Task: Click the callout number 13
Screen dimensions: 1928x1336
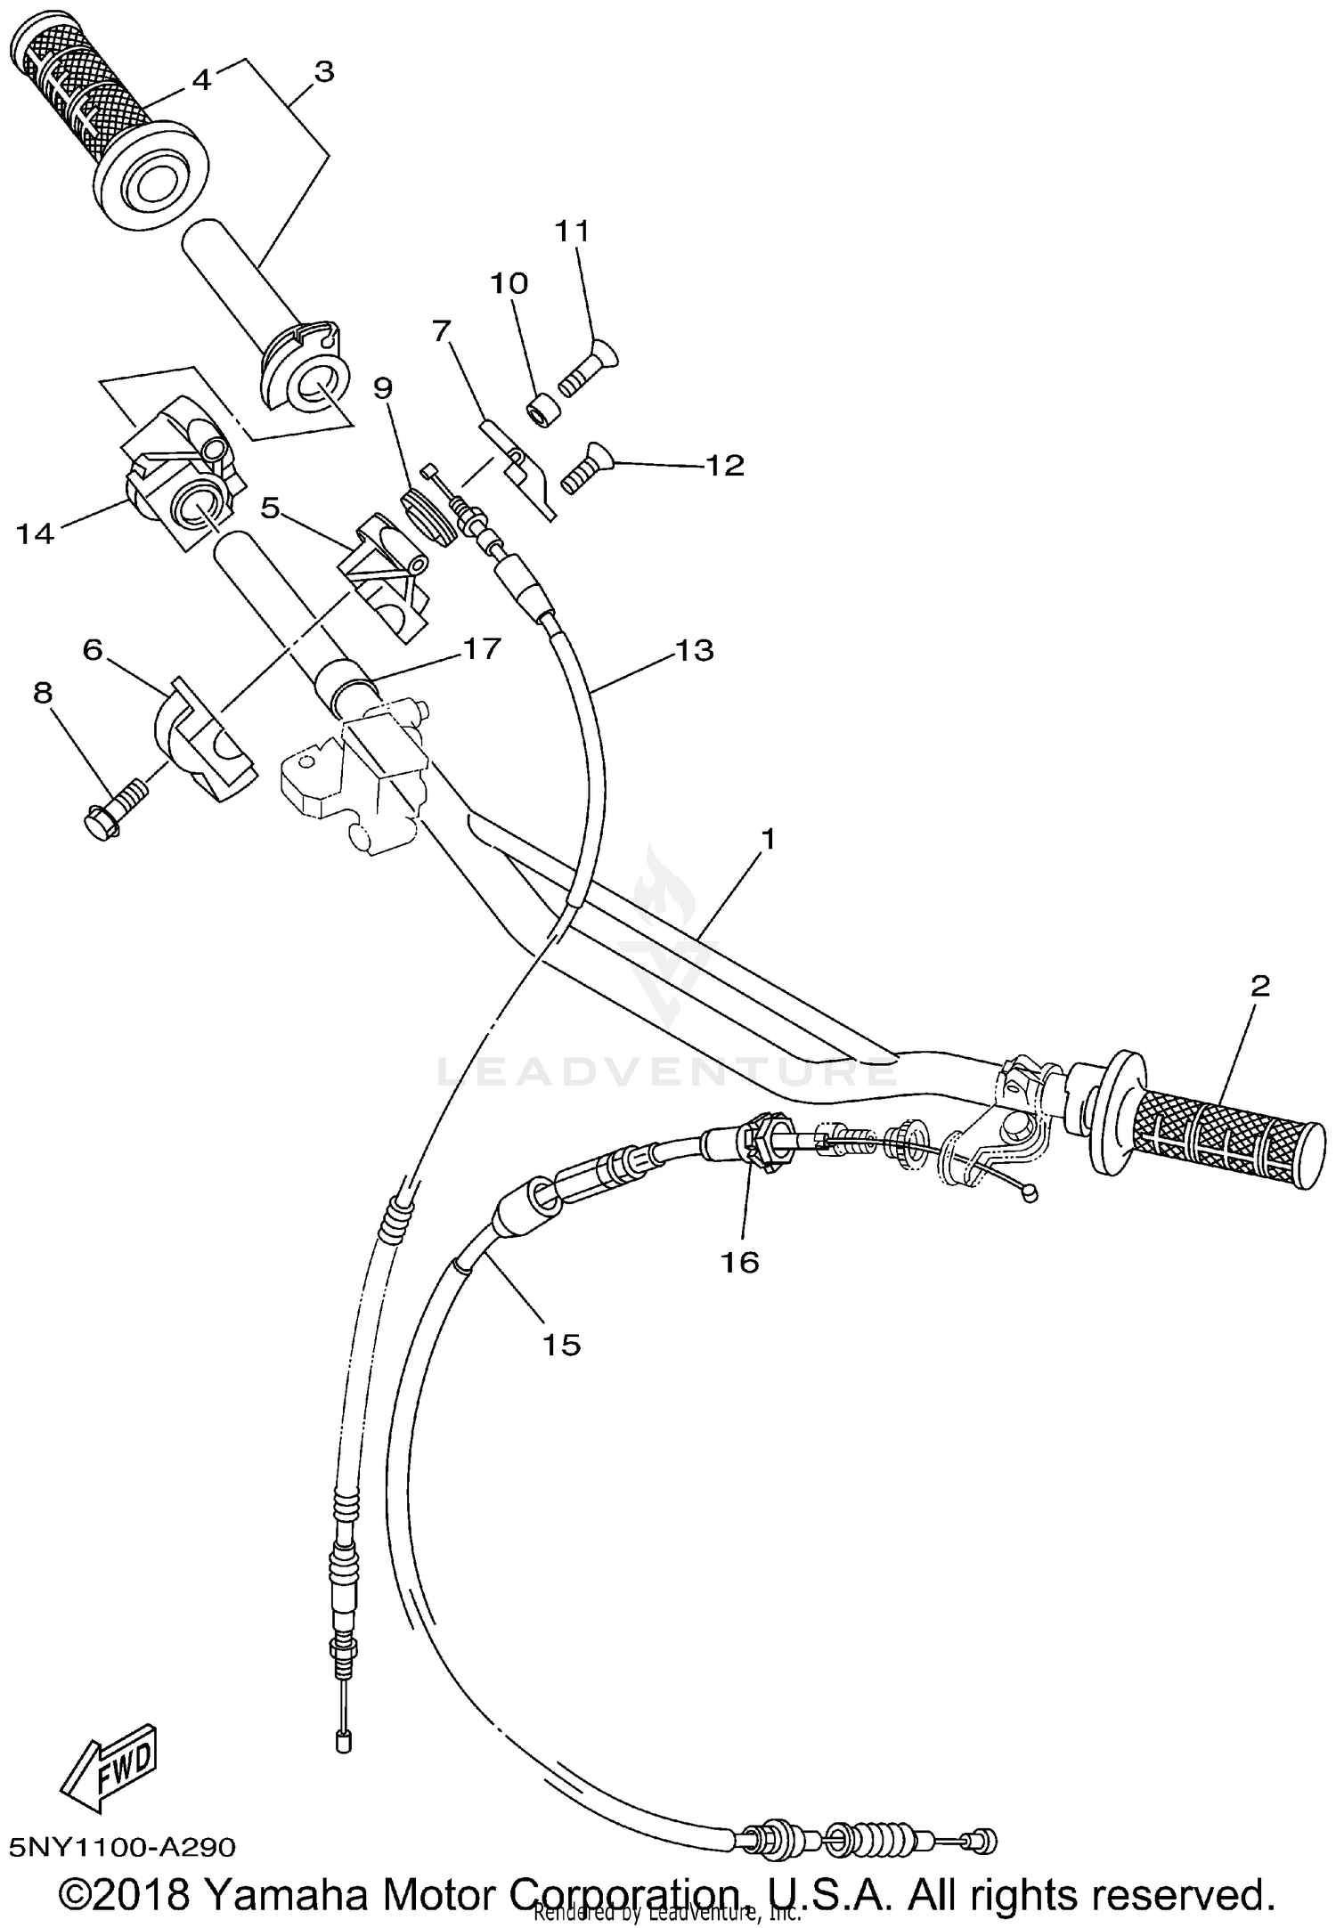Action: point(694,651)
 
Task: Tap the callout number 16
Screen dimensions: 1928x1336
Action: point(741,1261)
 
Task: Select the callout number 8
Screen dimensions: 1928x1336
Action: point(43,692)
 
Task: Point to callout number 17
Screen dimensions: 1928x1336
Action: point(481,649)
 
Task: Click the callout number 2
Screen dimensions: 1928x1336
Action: point(1259,986)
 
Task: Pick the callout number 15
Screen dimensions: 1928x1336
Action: point(562,1344)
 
